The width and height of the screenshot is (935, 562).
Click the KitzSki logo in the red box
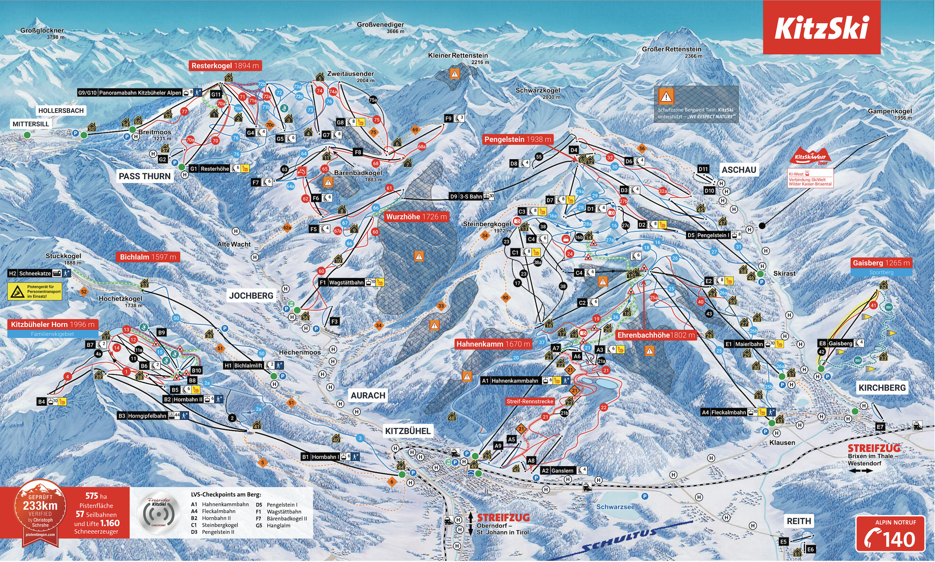point(821,28)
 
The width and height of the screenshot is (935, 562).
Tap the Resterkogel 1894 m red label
point(225,66)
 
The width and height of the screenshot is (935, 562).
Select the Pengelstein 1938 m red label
point(518,139)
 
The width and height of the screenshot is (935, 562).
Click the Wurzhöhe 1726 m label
point(416,217)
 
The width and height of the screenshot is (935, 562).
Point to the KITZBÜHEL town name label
point(408,431)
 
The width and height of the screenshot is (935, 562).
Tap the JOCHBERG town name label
point(251,296)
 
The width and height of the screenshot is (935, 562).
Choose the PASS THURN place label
point(145,176)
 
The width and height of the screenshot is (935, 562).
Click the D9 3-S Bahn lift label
point(471,196)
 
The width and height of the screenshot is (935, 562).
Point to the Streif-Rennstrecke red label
point(530,401)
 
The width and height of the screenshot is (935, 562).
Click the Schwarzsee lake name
point(615,507)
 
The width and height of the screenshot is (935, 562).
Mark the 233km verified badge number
point(40,506)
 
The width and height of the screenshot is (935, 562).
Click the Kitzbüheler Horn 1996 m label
point(53,325)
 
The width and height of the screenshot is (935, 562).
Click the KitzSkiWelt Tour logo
point(810,156)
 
